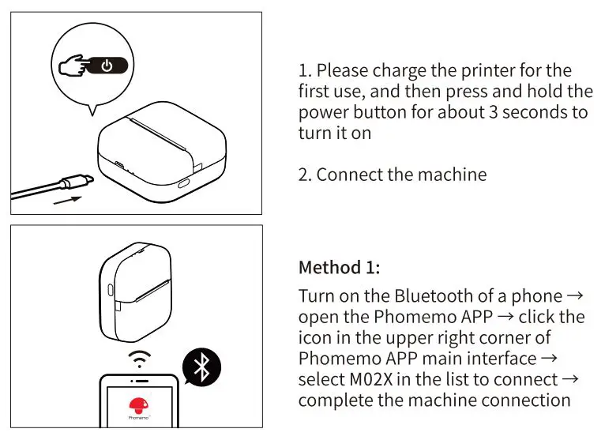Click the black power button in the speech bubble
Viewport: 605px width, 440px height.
pyautogui.click(x=108, y=65)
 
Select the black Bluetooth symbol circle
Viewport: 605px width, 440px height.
pyautogui.click(x=201, y=367)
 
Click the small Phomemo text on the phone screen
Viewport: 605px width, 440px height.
pyautogui.click(x=138, y=416)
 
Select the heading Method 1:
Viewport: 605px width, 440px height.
pyautogui.click(x=339, y=267)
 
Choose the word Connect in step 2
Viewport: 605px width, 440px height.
pyautogui.click(x=349, y=174)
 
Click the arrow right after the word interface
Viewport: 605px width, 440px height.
pyautogui.click(x=559, y=359)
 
